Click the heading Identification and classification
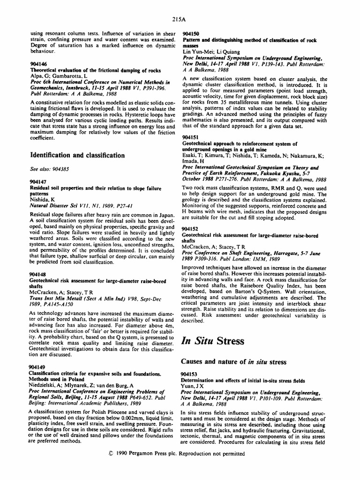[77, 155]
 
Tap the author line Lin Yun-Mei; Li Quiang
[210, 52]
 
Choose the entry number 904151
[190, 134]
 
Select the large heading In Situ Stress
[212, 340]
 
